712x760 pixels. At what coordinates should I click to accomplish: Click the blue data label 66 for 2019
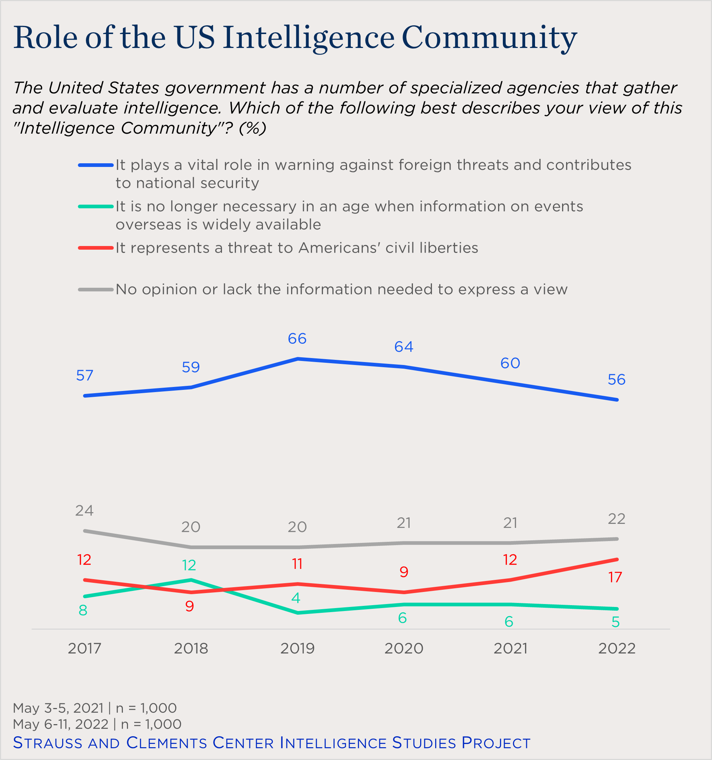tap(297, 339)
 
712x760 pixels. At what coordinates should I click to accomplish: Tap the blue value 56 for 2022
tap(617, 380)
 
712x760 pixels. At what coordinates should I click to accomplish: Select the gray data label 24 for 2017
tap(84, 511)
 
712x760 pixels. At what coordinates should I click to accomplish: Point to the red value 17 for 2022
tap(615, 577)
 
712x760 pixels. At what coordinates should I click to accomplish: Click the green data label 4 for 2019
tap(295, 598)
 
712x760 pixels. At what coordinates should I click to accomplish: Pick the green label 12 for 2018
tap(189, 565)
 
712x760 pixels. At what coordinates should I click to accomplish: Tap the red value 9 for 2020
tap(404, 572)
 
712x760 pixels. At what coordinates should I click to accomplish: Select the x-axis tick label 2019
tap(297, 649)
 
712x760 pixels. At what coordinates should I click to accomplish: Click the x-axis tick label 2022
tap(617, 649)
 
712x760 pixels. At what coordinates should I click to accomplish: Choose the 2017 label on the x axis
tap(84, 649)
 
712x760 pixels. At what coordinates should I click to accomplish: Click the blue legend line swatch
tap(96, 165)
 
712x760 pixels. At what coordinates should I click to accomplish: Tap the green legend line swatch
tap(96, 206)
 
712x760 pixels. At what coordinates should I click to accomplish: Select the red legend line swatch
tap(96, 248)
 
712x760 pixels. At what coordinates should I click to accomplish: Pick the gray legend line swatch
tap(96, 290)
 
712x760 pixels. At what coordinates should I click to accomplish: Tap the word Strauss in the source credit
tap(48, 743)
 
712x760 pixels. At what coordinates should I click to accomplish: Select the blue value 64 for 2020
tap(404, 347)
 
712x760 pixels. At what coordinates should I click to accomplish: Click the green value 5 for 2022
tap(615, 622)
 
